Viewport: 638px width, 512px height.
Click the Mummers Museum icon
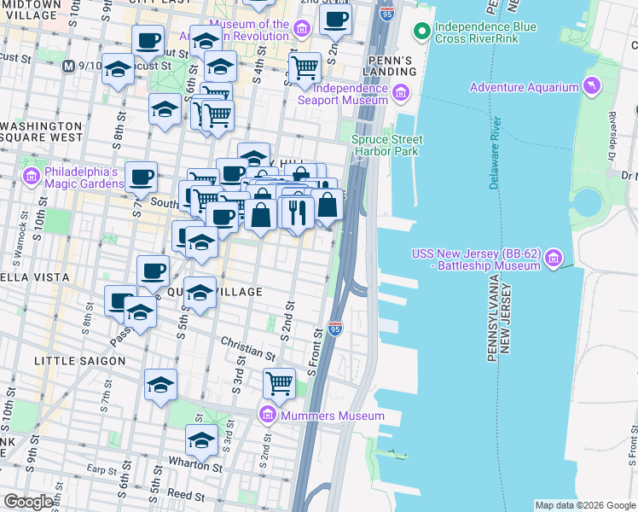click(x=268, y=416)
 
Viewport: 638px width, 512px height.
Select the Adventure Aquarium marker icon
click(x=589, y=86)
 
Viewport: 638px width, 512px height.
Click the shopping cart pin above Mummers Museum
click(x=279, y=383)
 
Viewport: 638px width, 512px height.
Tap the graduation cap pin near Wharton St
click(x=201, y=439)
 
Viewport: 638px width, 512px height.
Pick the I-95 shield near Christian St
click(x=334, y=329)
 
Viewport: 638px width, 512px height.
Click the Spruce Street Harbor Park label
click(x=387, y=145)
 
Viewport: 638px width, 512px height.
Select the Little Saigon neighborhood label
click(x=79, y=361)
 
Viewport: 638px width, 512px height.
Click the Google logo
click(x=28, y=502)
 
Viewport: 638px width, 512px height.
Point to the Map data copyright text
click(x=585, y=505)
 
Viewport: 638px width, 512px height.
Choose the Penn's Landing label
click(x=390, y=67)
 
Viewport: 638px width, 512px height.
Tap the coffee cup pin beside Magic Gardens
click(x=142, y=177)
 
